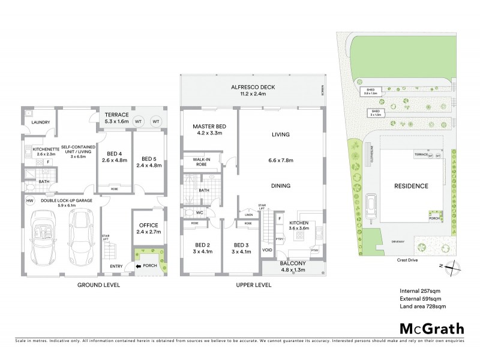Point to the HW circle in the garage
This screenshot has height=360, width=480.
pos(31,201)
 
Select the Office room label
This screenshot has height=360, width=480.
pos(146,226)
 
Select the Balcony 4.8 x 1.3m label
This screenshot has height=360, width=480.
pos(292,266)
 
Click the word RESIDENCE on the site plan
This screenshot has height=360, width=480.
pos(411,186)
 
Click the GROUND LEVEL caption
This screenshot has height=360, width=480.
pos(99,286)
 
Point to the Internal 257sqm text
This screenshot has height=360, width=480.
pos(419,291)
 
